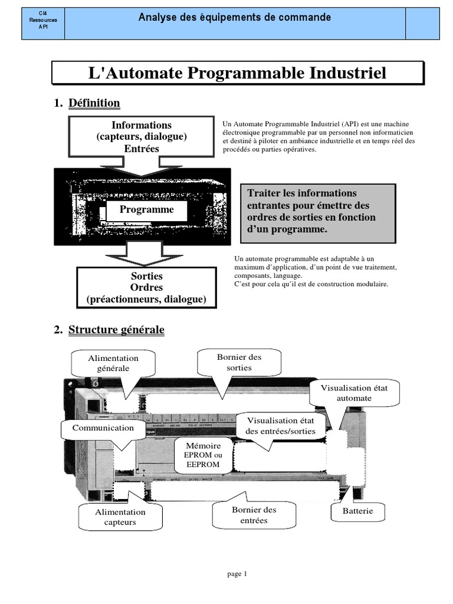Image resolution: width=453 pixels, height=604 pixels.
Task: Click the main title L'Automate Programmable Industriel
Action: point(237,73)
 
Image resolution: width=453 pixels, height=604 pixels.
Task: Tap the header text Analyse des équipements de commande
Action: point(234,18)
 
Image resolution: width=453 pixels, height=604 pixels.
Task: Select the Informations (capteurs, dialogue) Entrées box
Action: point(142,137)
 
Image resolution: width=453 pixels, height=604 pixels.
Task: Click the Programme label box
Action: point(147,209)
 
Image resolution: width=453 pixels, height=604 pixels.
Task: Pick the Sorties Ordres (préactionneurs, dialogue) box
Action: point(146,288)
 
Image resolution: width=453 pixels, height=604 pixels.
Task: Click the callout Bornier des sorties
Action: point(239,362)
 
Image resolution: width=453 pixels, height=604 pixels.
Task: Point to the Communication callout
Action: point(103,428)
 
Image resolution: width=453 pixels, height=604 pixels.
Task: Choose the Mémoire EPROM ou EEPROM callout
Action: point(203,455)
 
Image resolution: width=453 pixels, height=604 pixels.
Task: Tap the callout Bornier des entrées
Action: point(254,514)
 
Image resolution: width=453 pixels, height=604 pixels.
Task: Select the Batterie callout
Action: point(358,511)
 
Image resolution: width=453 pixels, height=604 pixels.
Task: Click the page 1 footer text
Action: point(237,573)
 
